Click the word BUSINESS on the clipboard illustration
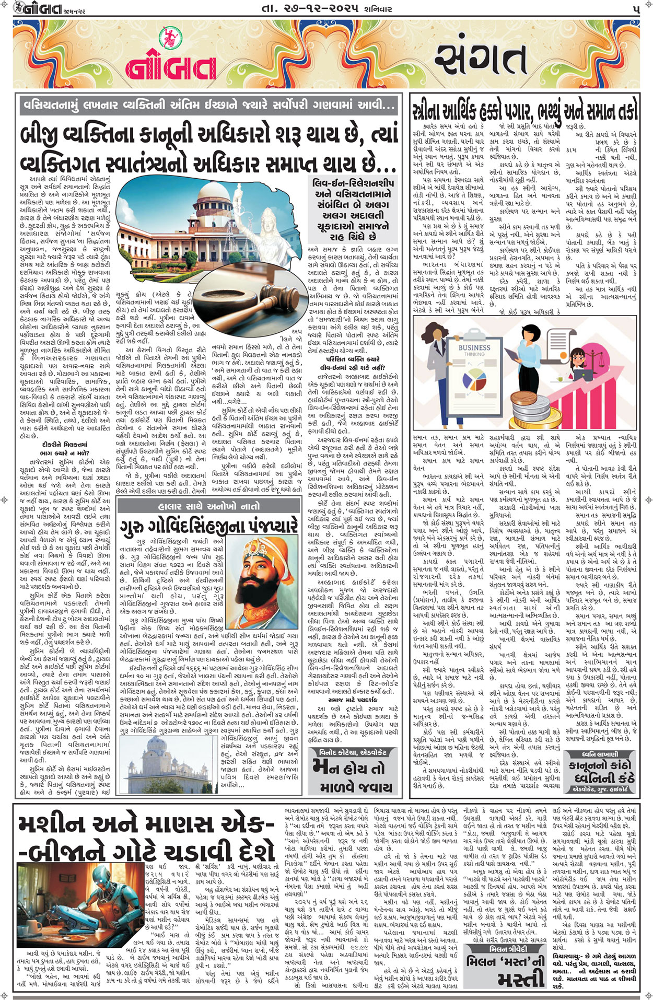pos(474,347)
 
